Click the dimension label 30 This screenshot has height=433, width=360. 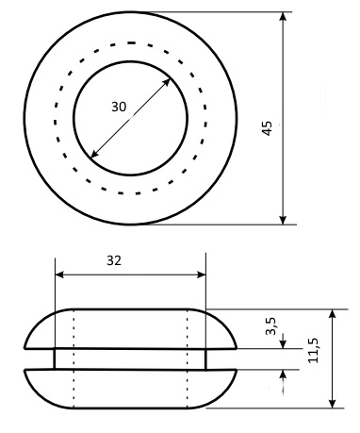119,107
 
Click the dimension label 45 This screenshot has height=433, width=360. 267,128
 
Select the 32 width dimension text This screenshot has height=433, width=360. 114,260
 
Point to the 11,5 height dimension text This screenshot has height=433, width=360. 313,350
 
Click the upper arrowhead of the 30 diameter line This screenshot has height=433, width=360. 167,83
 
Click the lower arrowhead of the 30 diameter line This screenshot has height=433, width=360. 94,154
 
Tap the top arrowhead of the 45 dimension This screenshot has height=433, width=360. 283,16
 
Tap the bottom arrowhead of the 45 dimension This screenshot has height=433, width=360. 283,220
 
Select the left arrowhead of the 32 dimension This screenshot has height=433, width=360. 59,275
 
